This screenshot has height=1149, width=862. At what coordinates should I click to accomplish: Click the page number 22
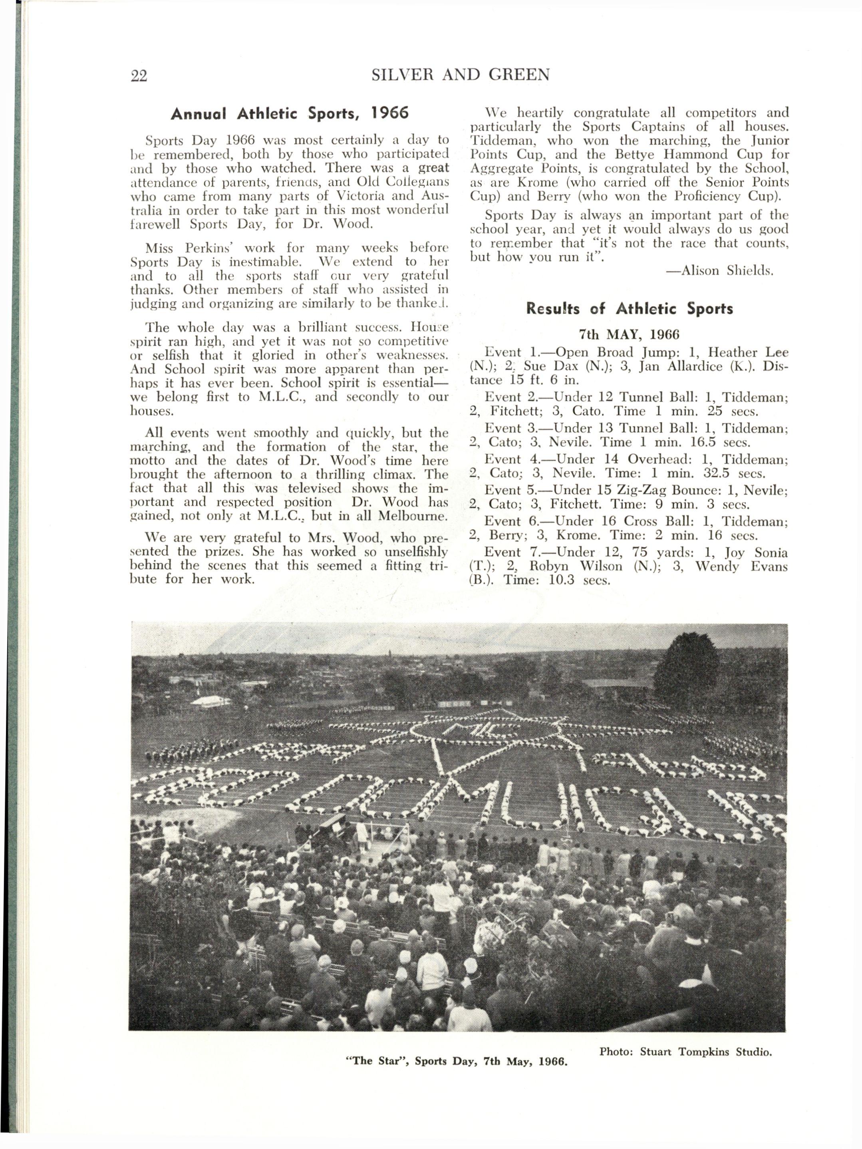pyautogui.click(x=139, y=76)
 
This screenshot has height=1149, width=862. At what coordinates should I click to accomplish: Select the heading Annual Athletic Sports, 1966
pyautogui.click(x=290, y=113)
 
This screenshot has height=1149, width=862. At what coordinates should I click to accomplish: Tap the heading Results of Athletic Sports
pyautogui.click(x=630, y=308)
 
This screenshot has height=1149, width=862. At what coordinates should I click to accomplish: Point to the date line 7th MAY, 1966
pyautogui.click(x=630, y=334)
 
